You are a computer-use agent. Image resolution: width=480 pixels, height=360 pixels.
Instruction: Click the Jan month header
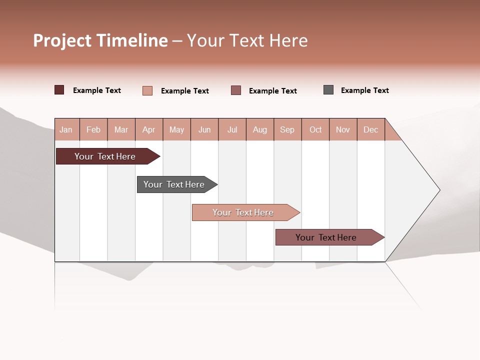click(66, 129)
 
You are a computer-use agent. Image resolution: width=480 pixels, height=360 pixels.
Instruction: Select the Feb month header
click(93, 129)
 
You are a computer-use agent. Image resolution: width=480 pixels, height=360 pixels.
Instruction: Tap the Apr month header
click(149, 129)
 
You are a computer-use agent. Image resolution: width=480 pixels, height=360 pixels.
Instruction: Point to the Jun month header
click(204, 129)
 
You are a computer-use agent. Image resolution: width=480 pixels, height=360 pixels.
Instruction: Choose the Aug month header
click(260, 129)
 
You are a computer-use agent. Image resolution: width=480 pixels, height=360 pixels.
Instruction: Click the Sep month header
click(287, 129)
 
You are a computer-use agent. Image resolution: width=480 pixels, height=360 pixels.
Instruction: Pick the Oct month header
click(315, 129)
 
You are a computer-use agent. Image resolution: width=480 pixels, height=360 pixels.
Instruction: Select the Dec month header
click(371, 129)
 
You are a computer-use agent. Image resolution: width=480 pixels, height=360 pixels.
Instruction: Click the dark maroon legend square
click(59, 90)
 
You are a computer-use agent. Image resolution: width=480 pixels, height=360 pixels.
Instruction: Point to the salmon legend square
click(147, 90)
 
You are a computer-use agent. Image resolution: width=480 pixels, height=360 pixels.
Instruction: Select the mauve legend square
click(236, 90)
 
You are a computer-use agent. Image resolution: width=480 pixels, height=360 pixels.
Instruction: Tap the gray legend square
click(328, 90)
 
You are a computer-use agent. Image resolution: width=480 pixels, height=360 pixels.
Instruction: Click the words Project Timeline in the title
click(100, 40)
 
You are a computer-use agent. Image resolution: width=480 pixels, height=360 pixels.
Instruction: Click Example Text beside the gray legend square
click(364, 90)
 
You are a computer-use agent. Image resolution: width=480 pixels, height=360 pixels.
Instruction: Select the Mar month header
click(121, 129)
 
